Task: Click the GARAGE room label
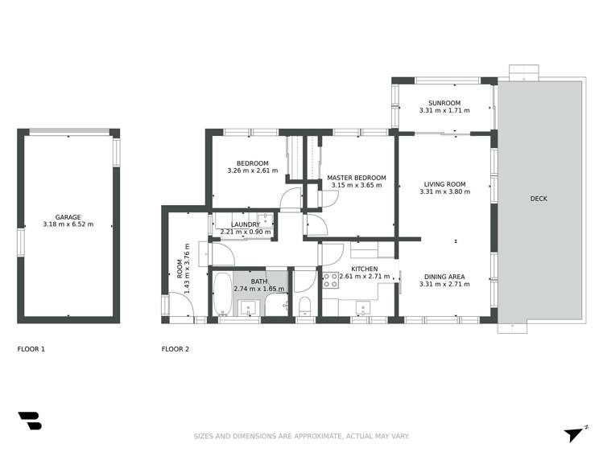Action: [68, 217]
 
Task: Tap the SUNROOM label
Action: [444, 103]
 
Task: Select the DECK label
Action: [539, 199]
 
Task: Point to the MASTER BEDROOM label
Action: [356, 178]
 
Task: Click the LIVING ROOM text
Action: [444, 184]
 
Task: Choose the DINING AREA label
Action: [444, 277]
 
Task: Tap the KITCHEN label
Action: [365, 269]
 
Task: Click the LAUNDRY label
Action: [245, 224]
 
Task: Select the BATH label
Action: [259, 281]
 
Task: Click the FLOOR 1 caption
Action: [31, 349]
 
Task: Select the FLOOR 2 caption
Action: [176, 349]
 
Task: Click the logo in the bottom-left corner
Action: [29, 420]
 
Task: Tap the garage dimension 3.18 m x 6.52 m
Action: [68, 224]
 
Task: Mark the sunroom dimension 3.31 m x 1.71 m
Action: [444, 111]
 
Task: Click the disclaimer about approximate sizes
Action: [301, 436]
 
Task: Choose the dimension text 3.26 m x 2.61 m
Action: [253, 171]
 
